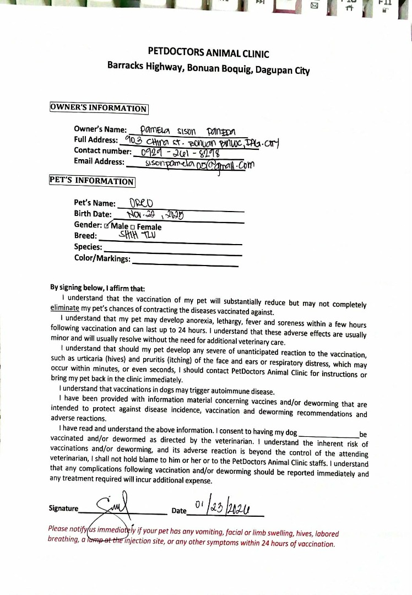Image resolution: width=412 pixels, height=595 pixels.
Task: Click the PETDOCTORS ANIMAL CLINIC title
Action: tap(209, 53)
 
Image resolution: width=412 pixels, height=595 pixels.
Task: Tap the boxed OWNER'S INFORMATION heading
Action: tap(99, 108)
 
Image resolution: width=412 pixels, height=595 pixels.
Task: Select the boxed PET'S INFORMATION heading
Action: tap(92, 181)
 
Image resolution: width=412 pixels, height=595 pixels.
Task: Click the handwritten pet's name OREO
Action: tap(138, 202)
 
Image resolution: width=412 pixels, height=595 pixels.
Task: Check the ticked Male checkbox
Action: tap(107, 226)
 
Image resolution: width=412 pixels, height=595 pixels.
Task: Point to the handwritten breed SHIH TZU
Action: tap(133, 235)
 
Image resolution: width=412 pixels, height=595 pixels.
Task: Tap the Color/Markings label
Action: tap(102, 258)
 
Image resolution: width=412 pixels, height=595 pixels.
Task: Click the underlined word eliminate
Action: tap(64, 309)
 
